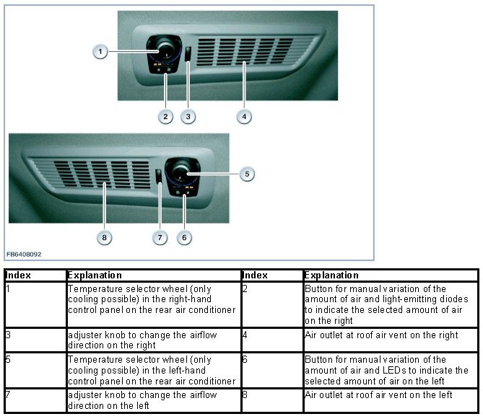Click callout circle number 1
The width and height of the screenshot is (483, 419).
pyautogui.click(x=100, y=51)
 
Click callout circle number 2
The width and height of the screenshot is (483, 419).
pyautogui.click(x=165, y=115)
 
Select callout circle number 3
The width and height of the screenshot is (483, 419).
pyautogui.click(x=188, y=115)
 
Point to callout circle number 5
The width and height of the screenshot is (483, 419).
pyautogui.click(x=246, y=174)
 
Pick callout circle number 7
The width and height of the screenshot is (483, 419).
pyautogui.click(x=161, y=237)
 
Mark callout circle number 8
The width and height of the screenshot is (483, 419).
pyautogui.click(x=105, y=237)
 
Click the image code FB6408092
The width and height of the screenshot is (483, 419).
pyautogui.click(x=24, y=254)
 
